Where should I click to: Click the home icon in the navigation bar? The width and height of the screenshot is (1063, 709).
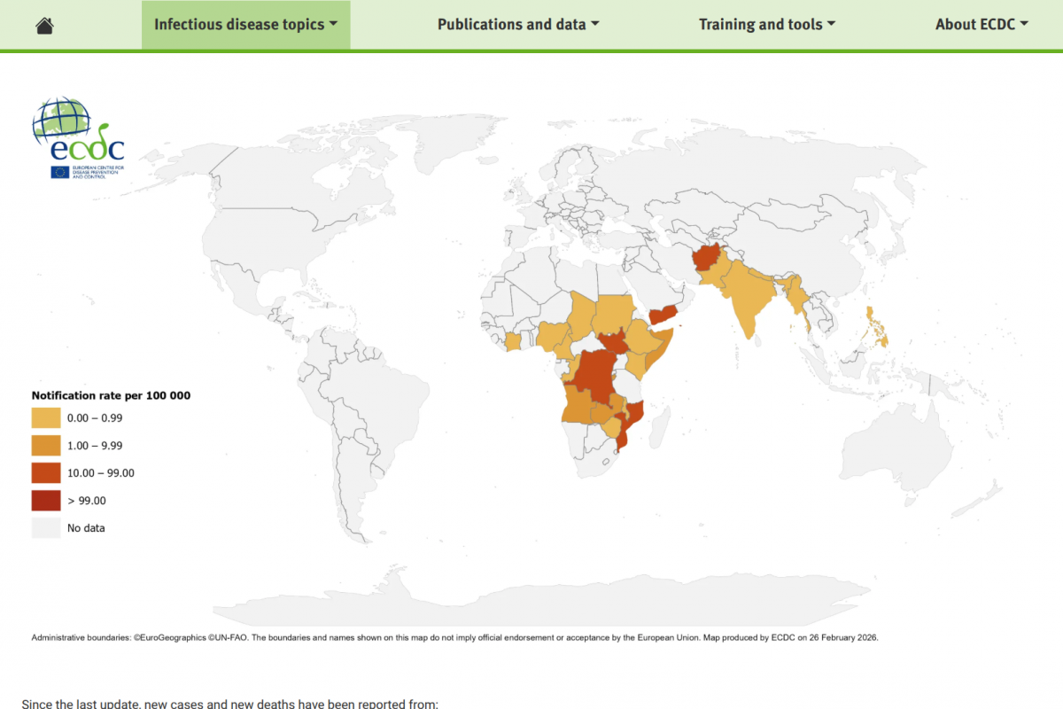point(44,25)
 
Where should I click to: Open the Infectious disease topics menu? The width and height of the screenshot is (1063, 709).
point(245,25)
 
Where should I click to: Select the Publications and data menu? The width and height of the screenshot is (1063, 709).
point(518,25)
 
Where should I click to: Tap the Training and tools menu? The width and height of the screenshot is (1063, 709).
point(767,25)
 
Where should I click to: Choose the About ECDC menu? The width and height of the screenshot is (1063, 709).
point(982,25)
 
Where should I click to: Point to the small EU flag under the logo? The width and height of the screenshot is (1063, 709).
point(60,172)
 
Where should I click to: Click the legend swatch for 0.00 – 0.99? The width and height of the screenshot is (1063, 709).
point(46,417)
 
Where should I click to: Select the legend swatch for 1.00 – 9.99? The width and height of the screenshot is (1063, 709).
point(46,445)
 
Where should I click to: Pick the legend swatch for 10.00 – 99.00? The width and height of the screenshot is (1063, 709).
point(46,472)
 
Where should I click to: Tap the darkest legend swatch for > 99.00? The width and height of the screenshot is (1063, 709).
point(46,500)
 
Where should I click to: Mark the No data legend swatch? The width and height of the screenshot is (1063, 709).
point(46,528)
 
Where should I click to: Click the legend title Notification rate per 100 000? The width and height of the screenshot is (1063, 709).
point(111,395)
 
